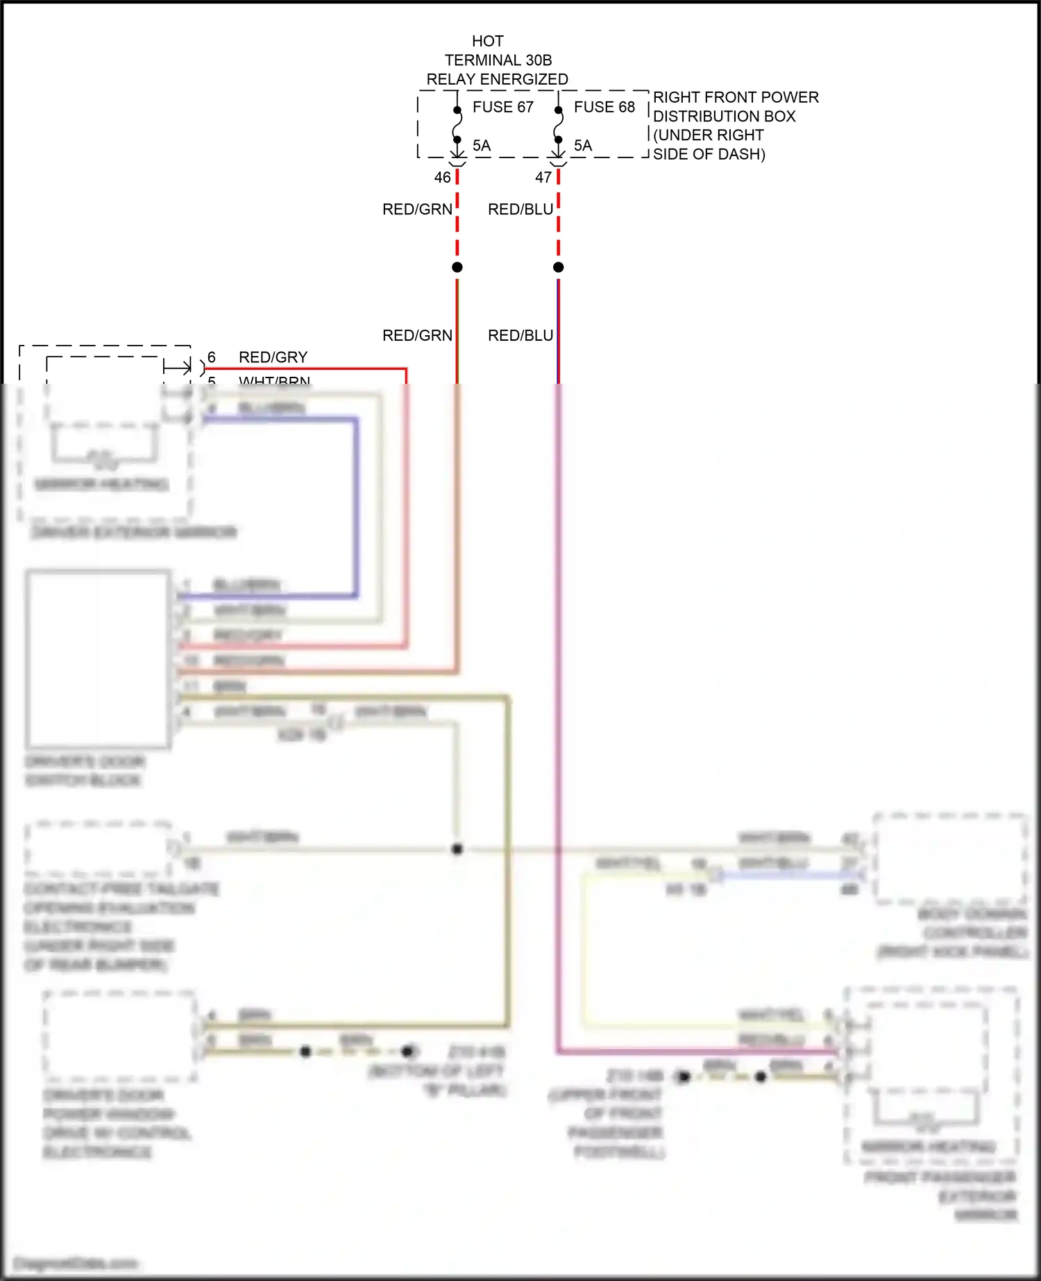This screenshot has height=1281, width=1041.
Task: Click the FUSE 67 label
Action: (502, 107)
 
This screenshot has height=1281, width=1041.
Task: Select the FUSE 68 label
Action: (604, 107)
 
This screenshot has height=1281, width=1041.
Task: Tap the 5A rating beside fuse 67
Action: (482, 146)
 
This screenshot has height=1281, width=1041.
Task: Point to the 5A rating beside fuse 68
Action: (583, 146)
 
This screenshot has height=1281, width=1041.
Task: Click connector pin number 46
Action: (442, 178)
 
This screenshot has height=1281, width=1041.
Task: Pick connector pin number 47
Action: (543, 178)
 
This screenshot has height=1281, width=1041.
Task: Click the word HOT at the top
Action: (488, 42)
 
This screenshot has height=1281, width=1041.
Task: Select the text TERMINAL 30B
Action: (498, 60)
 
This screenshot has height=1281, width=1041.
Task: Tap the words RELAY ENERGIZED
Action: (497, 79)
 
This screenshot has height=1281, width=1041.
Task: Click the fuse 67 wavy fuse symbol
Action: (457, 125)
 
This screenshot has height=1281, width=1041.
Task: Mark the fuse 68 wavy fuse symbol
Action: (559, 125)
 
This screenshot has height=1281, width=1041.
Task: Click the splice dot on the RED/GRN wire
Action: (457, 267)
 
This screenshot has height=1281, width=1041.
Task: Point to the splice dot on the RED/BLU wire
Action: (559, 267)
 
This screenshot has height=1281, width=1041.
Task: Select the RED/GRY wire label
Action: (273, 357)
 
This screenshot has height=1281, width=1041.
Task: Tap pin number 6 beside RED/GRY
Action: (212, 357)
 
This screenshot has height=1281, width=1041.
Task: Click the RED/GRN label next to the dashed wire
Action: (417, 210)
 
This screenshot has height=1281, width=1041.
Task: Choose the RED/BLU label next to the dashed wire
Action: (520, 210)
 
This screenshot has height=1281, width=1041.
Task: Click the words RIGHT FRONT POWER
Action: (736, 97)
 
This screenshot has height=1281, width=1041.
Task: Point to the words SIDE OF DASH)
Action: (709, 154)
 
